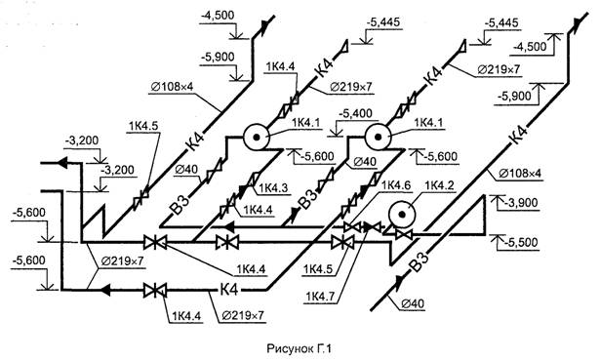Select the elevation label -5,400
point(356,113)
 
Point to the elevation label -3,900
point(521,202)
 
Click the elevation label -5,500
point(521,242)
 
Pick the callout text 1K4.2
point(439,185)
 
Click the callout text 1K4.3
point(273,188)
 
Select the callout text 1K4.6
point(396,185)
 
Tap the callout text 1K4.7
point(320,297)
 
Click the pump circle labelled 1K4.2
point(401,215)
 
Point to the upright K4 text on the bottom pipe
point(229,290)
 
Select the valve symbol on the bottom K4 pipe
point(155,291)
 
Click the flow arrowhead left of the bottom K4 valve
point(105,290)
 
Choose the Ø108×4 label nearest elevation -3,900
point(520,174)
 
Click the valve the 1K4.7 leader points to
point(372,227)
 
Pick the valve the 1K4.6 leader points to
point(351,227)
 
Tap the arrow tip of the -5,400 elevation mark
point(336,136)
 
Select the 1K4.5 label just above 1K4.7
point(318,269)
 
